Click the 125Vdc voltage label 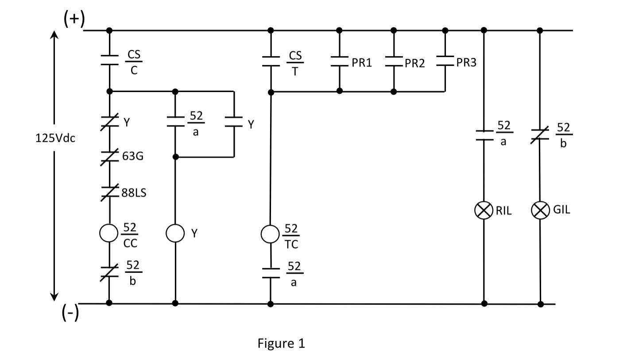tap(55, 138)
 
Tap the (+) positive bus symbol tap(74, 19)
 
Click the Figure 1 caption tap(281, 343)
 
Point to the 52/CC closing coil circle tap(109, 233)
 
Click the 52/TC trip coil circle tap(271, 234)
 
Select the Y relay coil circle tap(175, 233)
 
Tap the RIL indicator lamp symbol tap(484, 210)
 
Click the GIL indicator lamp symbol tap(540, 210)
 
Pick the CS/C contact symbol tap(109, 60)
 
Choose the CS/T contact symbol tap(271, 61)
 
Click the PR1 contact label tap(362, 63)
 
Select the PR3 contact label tap(466, 63)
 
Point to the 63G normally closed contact tap(109, 157)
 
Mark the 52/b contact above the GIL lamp tap(540, 135)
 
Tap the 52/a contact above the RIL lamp tap(484, 135)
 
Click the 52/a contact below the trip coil tap(271, 273)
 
